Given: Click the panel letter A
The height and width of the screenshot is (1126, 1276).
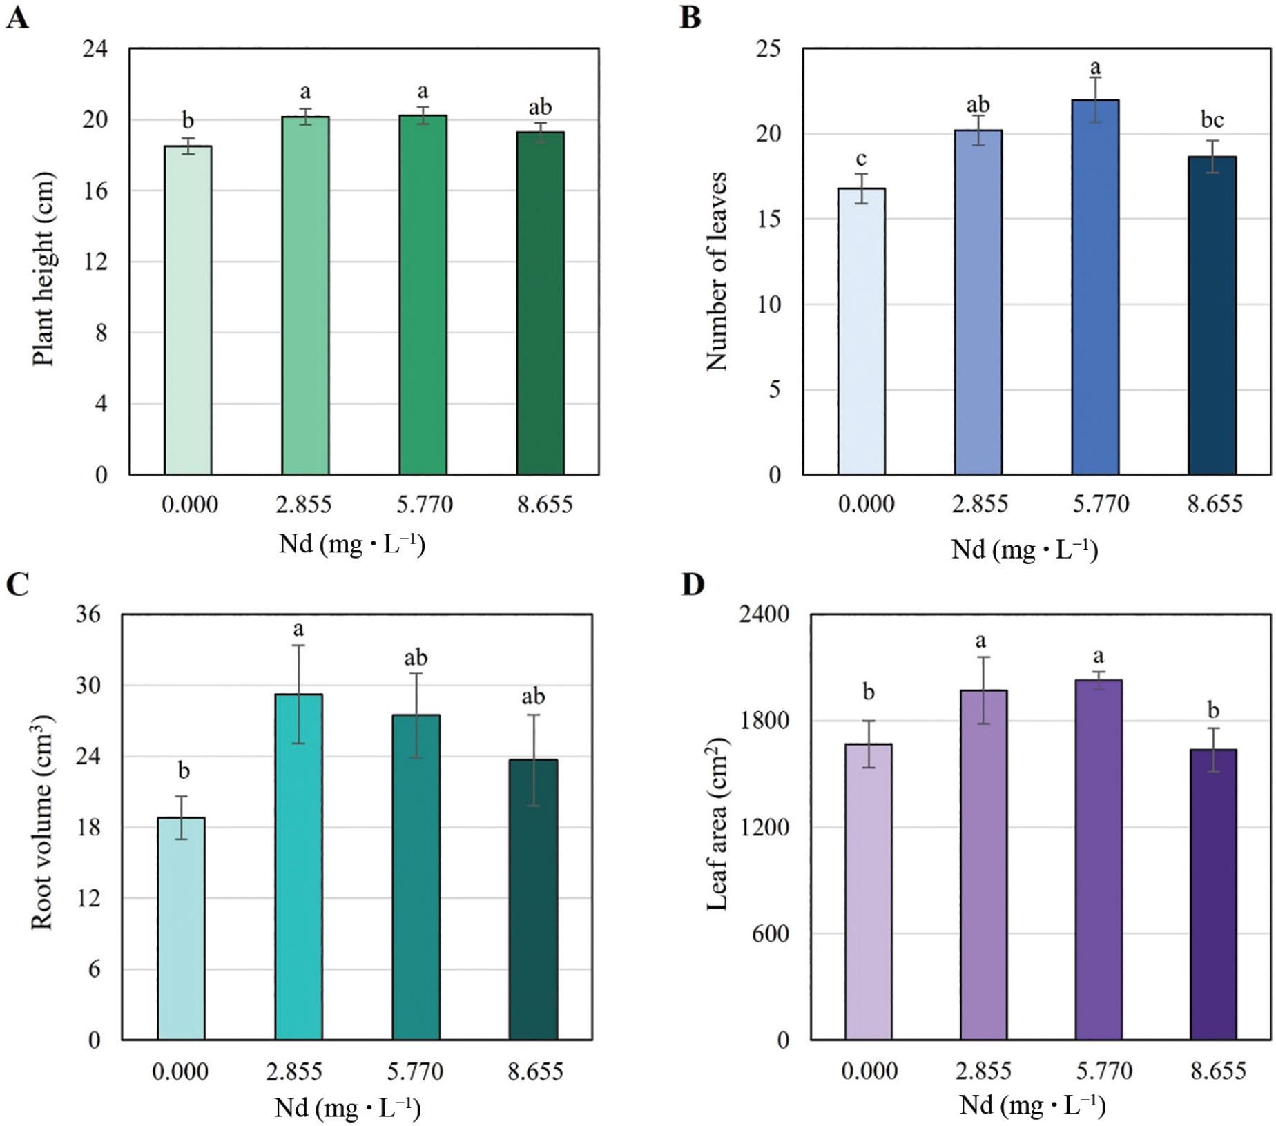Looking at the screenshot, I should click(18, 17).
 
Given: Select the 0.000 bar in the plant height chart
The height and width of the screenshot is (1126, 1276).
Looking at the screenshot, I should click(188, 311).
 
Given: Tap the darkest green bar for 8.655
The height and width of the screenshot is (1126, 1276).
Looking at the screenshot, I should click(540, 304).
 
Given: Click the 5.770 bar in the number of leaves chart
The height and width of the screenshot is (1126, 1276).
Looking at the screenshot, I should click(1095, 287).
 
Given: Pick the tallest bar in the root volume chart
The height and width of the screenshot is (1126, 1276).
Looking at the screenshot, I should click(298, 866).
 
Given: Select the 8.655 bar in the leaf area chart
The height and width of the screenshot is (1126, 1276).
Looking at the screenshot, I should click(1213, 894).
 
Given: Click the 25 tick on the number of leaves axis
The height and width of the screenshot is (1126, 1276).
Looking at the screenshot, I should click(768, 49).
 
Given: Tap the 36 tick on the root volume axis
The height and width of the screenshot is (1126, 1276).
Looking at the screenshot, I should click(88, 614).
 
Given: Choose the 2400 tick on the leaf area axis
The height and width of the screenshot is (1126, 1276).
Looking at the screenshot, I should click(764, 614).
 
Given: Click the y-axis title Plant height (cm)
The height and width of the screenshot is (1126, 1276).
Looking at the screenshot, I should click(43, 269).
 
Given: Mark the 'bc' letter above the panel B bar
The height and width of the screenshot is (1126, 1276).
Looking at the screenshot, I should click(1212, 120).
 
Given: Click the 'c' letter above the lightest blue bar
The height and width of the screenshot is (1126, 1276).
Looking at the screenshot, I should click(861, 159).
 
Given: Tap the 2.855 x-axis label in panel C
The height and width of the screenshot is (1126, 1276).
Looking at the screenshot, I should click(294, 1071).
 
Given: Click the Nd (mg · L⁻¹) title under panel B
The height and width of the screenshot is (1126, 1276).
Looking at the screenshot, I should click(1025, 550).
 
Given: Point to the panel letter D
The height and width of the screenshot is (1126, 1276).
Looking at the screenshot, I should click(693, 585).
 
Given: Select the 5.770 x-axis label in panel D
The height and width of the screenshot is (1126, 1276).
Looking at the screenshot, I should click(1104, 1071).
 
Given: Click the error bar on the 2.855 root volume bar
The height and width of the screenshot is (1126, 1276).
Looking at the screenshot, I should click(298, 694).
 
